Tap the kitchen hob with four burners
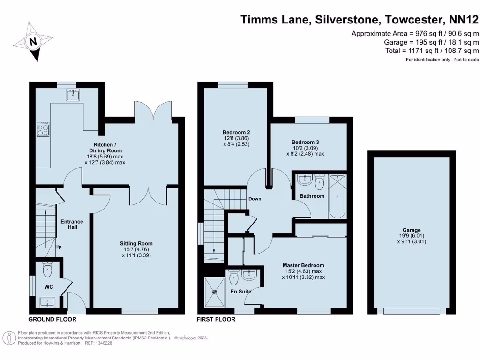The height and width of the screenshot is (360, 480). pos(43,129)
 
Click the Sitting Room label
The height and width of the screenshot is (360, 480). pos(136,243)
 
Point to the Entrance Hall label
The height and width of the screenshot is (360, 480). pos(72,225)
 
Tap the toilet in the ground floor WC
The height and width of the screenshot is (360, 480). pos(47,269)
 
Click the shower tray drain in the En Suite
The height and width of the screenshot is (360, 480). pos(215,292)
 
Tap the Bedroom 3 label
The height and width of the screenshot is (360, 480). pos(305,142)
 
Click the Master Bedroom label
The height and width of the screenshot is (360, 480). pos(303,265)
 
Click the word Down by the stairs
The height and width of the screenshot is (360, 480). pos(255,199)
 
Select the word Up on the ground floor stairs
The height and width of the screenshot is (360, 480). pos(59,247)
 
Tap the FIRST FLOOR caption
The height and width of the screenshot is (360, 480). pos(216,319)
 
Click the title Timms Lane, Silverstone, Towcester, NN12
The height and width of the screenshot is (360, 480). pos(360,20)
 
